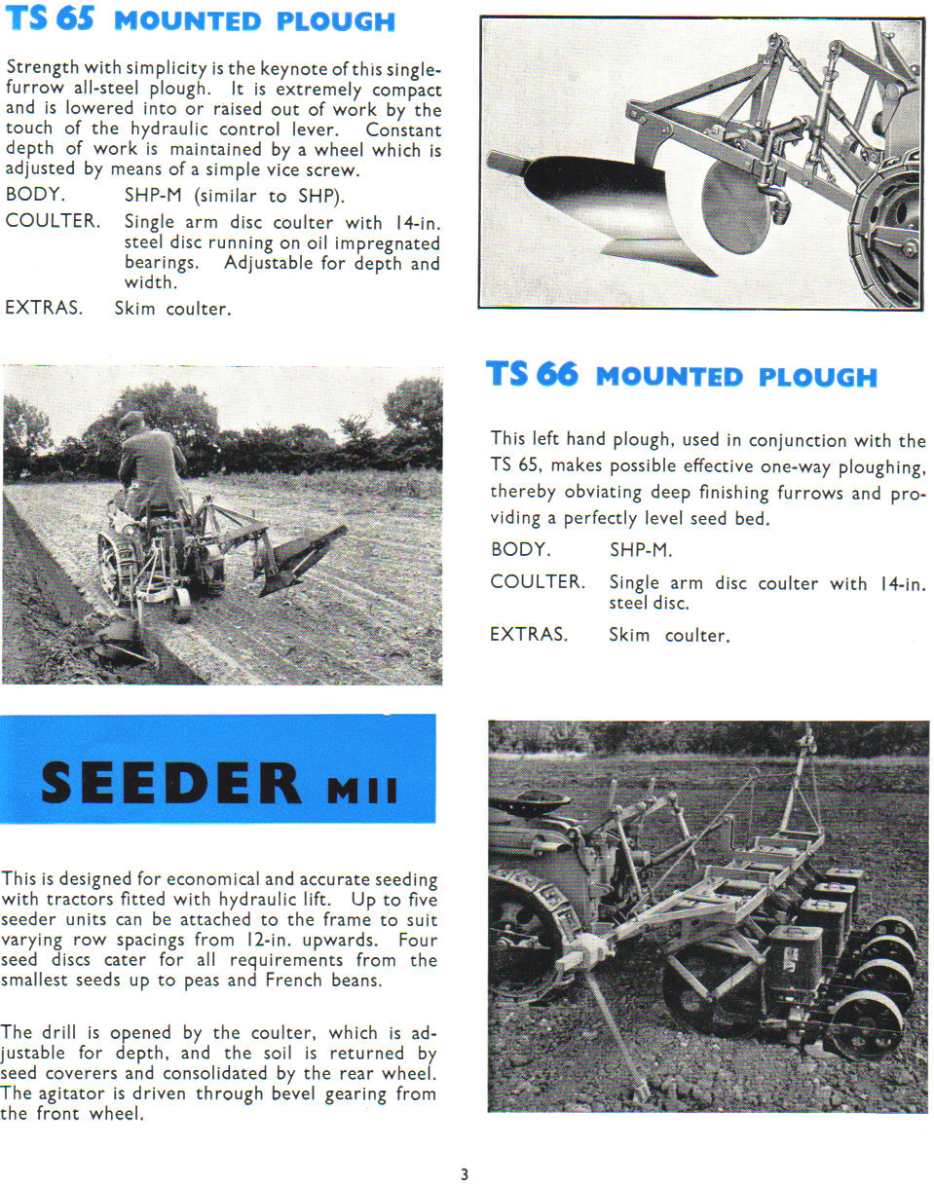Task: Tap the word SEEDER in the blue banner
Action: [171, 783]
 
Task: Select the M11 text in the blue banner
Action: [361, 789]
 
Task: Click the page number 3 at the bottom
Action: [465, 1174]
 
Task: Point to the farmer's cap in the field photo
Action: [131, 419]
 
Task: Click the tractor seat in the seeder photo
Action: [532, 804]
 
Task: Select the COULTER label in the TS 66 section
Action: [538, 582]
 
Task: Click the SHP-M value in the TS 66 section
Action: [640, 550]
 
